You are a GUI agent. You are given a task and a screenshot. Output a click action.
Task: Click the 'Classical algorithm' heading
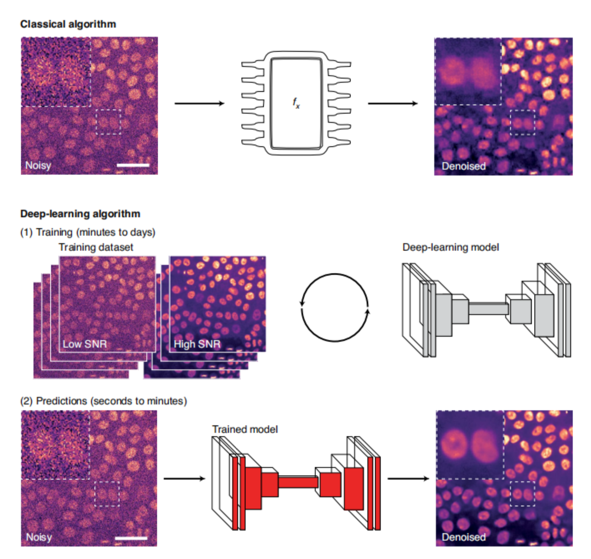[x=68, y=24]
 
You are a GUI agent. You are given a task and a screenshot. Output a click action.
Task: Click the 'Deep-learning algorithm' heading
[x=80, y=213]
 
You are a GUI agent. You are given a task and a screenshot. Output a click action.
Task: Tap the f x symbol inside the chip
[x=296, y=103]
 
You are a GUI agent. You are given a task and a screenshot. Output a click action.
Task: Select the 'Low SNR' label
[x=85, y=344]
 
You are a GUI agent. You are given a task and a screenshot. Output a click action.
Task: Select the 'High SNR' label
[x=197, y=344]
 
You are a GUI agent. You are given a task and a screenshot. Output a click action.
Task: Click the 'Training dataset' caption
[x=96, y=247]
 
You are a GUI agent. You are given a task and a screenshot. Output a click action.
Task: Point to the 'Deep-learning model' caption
[x=450, y=247]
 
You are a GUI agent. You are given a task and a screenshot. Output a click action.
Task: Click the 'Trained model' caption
[x=245, y=429]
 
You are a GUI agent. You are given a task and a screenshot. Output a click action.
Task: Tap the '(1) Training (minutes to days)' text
[x=88, y=232]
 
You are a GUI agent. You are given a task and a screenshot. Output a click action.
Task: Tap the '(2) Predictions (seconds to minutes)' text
[x=104, y=401]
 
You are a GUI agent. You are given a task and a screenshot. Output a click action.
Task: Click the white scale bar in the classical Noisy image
[x=133, y=165]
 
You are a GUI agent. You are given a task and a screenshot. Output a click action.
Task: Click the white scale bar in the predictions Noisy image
[x=131, y=538]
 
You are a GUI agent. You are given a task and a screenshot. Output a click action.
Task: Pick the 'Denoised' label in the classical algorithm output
[x=464, y=166]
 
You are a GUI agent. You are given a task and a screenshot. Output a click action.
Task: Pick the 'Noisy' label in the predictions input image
[x=39, y=537]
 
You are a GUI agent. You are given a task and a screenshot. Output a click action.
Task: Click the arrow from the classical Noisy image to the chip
[x=200, y=103]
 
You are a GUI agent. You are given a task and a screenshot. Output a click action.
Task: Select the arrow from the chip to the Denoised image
[x=393, y=103]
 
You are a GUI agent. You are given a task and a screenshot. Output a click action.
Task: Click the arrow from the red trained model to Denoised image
[x=408, y=478]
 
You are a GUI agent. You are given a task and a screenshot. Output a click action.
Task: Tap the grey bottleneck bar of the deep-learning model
[x=488, y=309]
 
